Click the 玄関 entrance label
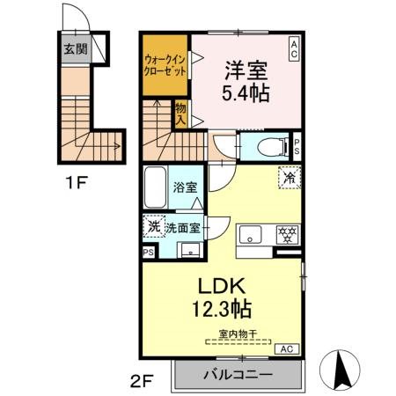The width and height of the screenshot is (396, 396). point(75,49)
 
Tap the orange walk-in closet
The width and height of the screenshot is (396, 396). point(165,67)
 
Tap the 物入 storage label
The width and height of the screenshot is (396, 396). point(180,113)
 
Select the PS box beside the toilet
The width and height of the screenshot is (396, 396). point(297,146)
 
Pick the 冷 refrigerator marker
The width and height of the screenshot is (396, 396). point(289,177)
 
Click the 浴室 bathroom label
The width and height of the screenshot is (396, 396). point(184,187)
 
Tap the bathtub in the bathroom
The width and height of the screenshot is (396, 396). point(154,187)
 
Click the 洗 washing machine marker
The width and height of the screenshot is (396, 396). point(154,227)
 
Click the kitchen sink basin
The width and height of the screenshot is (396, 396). point(250,235)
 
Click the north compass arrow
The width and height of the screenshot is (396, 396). point(341,368)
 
